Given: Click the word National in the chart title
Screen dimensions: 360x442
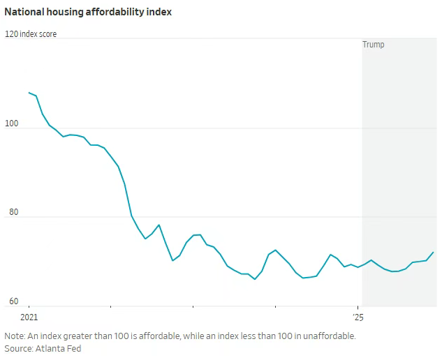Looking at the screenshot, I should point(25,12).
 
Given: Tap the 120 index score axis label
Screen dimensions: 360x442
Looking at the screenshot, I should point(31,33).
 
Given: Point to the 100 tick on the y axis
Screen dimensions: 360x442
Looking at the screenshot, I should point(13,123).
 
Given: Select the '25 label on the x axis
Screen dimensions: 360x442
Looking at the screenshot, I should point(358,317).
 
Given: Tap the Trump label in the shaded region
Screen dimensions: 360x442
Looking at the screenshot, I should point(374,45).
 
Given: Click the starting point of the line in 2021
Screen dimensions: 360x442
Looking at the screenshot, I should point(29,92).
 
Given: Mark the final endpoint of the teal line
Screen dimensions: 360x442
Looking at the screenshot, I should point(434,252).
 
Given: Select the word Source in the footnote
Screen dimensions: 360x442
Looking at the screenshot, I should point(19,348).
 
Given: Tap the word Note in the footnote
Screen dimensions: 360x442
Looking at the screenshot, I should point(15,336).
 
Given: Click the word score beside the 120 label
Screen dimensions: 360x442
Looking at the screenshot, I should point(47,33).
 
